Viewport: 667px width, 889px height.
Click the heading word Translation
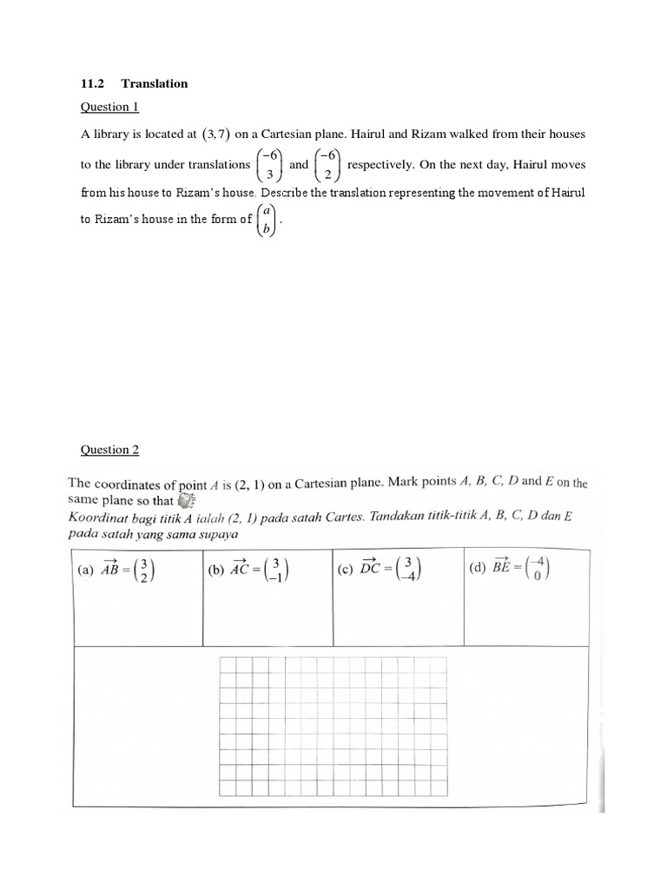[x=155, y=83]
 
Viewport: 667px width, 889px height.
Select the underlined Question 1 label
[x=109, y=107]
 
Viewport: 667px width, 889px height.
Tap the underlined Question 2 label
[x=109, y=450]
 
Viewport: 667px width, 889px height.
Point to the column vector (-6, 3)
[x=269, y=165]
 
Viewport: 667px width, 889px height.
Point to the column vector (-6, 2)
[x=327, y=165]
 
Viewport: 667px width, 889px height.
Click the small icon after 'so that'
[x=186, y=500]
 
